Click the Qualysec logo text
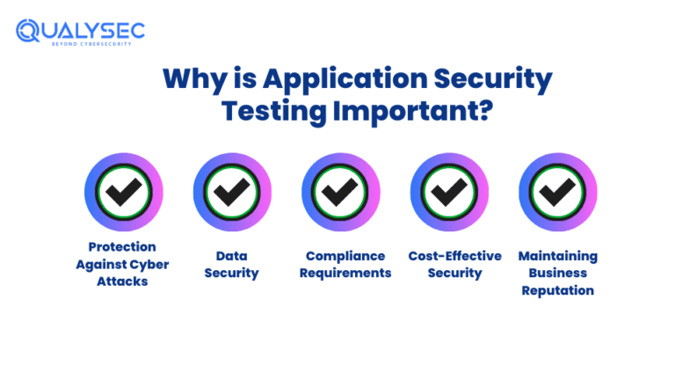pos(81,29)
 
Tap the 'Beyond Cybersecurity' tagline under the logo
pos(91,44)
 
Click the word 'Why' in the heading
pos(195,81)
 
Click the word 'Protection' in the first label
pos(121,247)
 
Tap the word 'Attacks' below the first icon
pos(121,281)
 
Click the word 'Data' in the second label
pos(231,256)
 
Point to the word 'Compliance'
pos(345,256)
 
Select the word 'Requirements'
pos(345,273)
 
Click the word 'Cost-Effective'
pos(454,256)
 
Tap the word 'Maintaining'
pos(557,256)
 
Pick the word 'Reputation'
pos(557,290)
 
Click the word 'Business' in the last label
pos(557,273)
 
